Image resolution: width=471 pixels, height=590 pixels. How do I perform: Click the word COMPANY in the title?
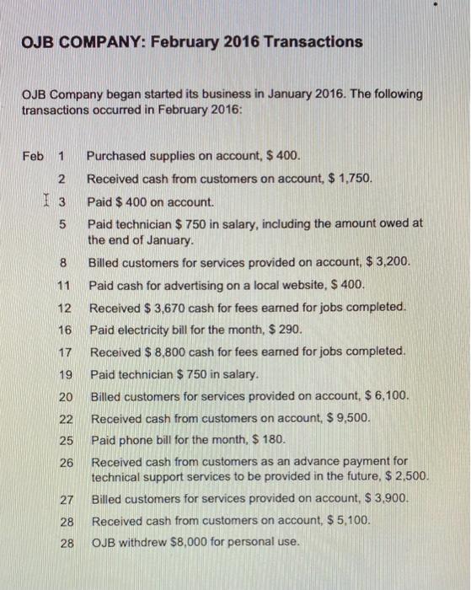tap(86, 41)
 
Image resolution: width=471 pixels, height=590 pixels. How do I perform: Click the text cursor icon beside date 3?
tap(48, 201)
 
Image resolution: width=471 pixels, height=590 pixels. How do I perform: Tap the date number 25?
tap(66, 439)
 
